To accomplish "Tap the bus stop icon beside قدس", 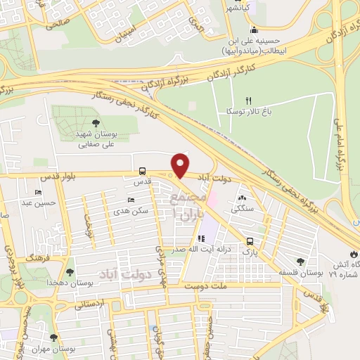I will (x=143, y=171).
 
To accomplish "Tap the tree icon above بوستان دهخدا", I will (x=69, y=271).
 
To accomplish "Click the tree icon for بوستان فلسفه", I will (x=302, y=262).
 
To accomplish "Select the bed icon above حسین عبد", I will (x=38, y=192).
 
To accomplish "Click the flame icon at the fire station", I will (x=352, y=253).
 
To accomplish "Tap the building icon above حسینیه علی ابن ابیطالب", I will (x=253, y=31).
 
